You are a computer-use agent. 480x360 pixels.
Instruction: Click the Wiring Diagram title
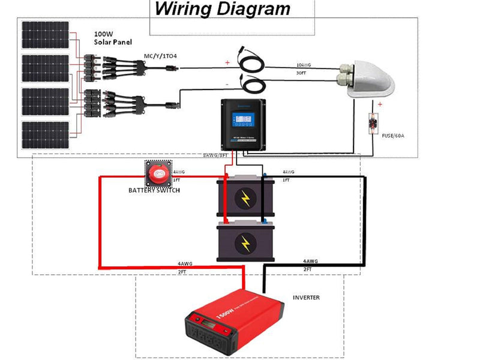[x=222, y=9]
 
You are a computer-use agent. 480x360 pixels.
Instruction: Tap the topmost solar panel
[x=46, y=35]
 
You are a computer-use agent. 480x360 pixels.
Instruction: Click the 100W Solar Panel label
[x=113, y=38]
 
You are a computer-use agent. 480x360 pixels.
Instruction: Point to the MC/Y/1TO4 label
[x=160, y=56]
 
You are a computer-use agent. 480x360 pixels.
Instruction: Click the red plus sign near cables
[x=227, y=62]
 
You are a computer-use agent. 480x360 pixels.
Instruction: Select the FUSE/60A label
[x=394, y=136]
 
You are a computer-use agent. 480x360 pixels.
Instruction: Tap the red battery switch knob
[x=158, y=175]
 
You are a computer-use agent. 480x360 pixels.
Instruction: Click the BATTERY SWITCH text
[x=154, y=190]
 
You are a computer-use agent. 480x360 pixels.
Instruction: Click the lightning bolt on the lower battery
[x=245, y=242]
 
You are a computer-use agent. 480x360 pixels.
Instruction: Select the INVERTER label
[x=306, y=298]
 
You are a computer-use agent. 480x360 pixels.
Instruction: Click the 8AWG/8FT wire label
[x=216, y=155]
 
